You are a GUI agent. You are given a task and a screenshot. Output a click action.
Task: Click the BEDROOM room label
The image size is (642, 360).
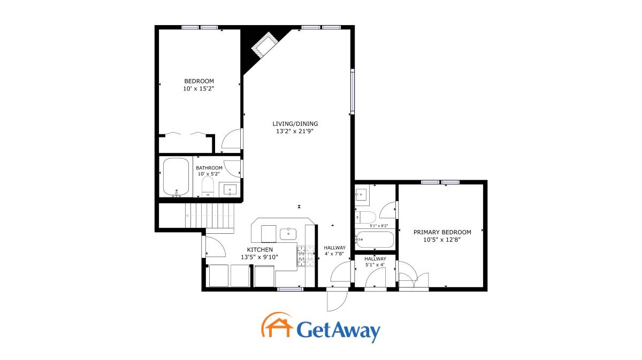tap(199, 81)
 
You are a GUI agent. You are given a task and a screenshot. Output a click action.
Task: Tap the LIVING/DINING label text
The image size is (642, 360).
tap(295, 124)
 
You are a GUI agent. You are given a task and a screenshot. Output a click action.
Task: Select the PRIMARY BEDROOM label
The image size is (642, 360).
tap(442, 232)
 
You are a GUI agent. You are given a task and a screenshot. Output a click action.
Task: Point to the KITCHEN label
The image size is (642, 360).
tap(260, 250)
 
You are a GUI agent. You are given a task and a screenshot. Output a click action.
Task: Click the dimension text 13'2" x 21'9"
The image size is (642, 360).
tap(295, 131)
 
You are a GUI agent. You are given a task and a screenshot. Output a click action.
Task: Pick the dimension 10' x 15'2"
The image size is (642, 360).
tap(199, 89)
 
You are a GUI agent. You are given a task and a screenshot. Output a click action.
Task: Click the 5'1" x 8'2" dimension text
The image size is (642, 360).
tap(379, 226)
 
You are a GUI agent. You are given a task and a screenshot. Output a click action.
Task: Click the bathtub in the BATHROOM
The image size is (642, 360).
tap(176, 177)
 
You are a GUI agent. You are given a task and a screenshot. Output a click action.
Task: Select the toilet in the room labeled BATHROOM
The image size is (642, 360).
tap(208, 186)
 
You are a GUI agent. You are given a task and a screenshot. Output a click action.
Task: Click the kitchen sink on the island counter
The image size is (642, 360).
tap(288, 234)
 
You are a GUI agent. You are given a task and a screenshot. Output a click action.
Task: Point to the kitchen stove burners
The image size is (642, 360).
tap(306, 256)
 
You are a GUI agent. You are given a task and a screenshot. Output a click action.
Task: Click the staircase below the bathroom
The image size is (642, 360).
tap(210, 216)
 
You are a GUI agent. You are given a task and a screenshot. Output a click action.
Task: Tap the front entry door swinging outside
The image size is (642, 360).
tap(337, 301)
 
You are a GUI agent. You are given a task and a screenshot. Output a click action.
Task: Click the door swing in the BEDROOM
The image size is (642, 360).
tap(231, 139)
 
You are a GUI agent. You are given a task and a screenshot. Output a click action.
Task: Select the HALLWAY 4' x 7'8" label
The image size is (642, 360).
tap(334, 251)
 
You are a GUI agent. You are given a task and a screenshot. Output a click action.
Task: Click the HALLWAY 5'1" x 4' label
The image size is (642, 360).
tap(375, 262)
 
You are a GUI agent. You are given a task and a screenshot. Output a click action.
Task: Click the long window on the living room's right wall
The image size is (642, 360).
tap(353, 91)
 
